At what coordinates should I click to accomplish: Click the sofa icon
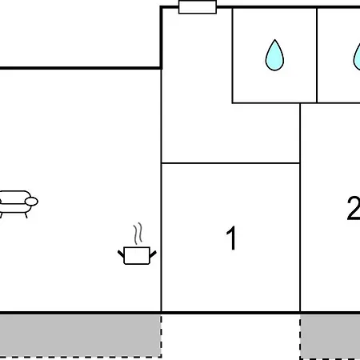coord(17,204)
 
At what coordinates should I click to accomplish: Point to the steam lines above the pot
coord(138,234)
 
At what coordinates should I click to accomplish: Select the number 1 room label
coord(231,238)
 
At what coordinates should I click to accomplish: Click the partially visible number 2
coord(354,208)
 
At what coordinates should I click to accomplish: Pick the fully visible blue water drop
coord(274,55)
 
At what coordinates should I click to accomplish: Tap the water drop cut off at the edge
coord(357,57)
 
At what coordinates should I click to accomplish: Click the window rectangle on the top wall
coord(198,7)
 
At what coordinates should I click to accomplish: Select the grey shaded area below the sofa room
coord(81,335)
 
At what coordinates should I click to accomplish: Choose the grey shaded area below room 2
coord(330,337)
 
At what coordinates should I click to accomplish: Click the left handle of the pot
coord(121,254)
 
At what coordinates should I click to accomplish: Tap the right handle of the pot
coord(153,254)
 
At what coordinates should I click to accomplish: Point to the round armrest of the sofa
coord(31,202)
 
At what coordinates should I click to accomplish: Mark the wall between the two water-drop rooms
coord(317,55)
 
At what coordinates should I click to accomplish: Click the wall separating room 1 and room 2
coord(300,208)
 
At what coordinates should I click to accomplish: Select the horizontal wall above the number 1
coord(230,163)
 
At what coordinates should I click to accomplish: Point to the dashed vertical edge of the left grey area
coord(161,335)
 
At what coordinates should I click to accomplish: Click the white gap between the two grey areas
coord(230,337)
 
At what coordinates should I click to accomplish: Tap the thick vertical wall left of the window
coord(161,38)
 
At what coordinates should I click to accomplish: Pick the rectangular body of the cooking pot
coord(137,256)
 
